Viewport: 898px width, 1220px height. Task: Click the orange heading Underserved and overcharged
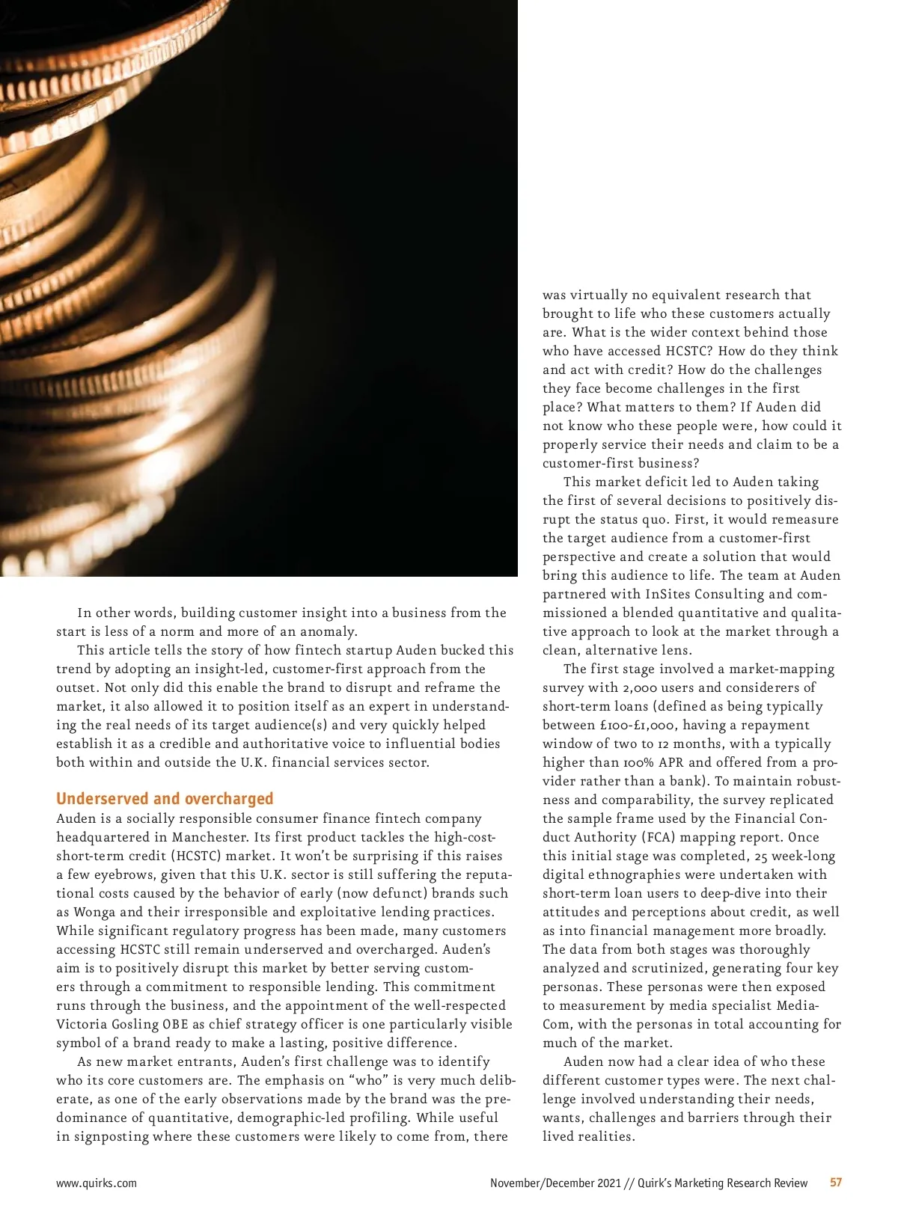pyautogui.click(x=165, y=799)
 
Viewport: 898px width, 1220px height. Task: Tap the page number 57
pyautogui.click(x=836, y=1183)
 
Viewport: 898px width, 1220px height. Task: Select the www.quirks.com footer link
pyautogui.click(x=97, y=1183)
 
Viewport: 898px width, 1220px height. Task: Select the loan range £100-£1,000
pyautogui.click(x=635, y=725)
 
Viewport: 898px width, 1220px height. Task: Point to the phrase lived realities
pyautogui.click(x=587, y=1136)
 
